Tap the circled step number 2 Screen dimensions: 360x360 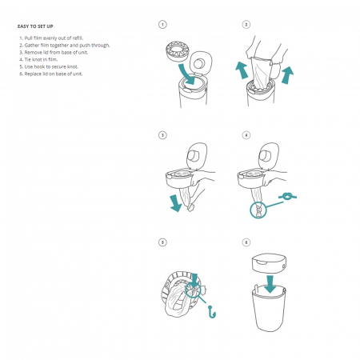click(246, 25)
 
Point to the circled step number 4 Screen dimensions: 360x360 click(246, 135)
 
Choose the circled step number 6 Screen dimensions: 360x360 click(246, 241)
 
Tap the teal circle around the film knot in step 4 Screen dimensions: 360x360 click(258, 209)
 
